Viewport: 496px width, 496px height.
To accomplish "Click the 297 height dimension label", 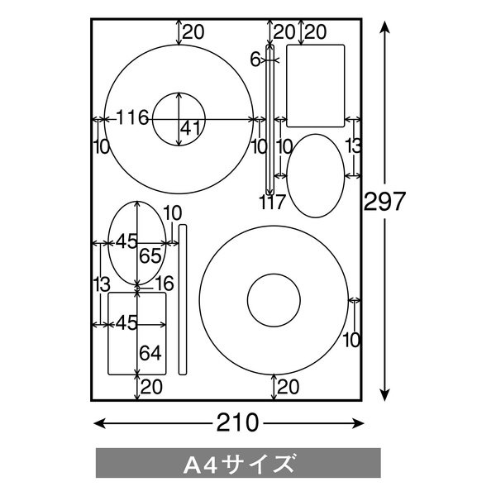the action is click(384, 202).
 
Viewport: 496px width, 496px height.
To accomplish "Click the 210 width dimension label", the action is click(237, 423).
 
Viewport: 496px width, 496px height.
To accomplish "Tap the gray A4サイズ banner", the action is click(238, 463).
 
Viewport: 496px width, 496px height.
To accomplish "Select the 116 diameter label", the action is click(132, 117).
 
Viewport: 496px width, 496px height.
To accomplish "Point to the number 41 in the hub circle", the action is click(190, 128).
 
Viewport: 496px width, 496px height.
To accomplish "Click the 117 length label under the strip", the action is click(272, 202).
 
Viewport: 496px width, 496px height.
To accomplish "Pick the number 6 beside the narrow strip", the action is click(255, 60).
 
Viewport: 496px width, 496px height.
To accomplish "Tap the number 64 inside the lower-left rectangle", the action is click(150, 353).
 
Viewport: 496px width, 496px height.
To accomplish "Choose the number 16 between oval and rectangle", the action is click(164, 283).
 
